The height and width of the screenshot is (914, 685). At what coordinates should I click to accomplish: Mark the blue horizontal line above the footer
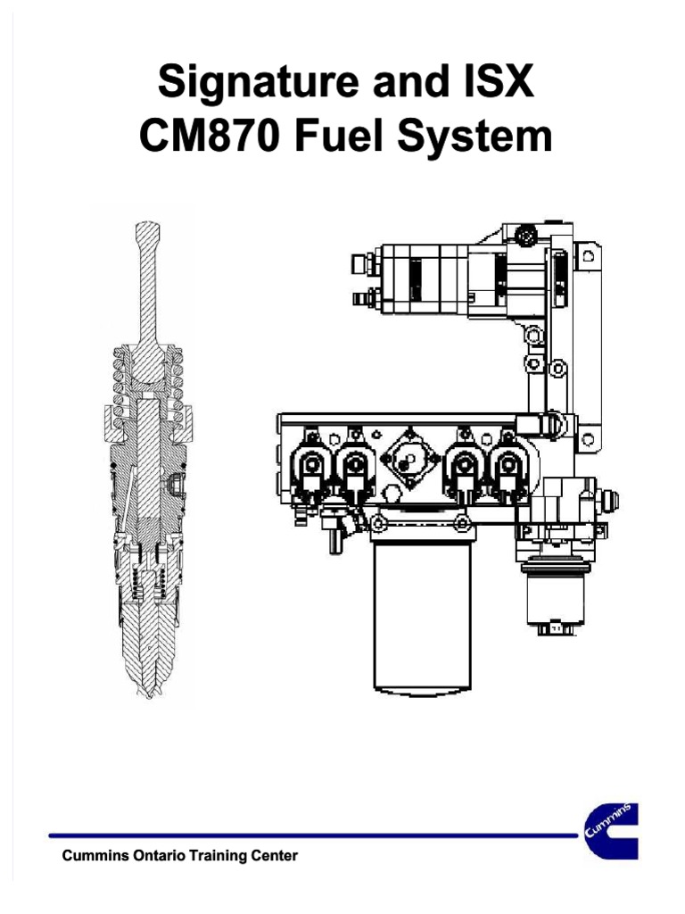312,836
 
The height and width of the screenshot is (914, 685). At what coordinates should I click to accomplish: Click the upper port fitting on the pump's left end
359,263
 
